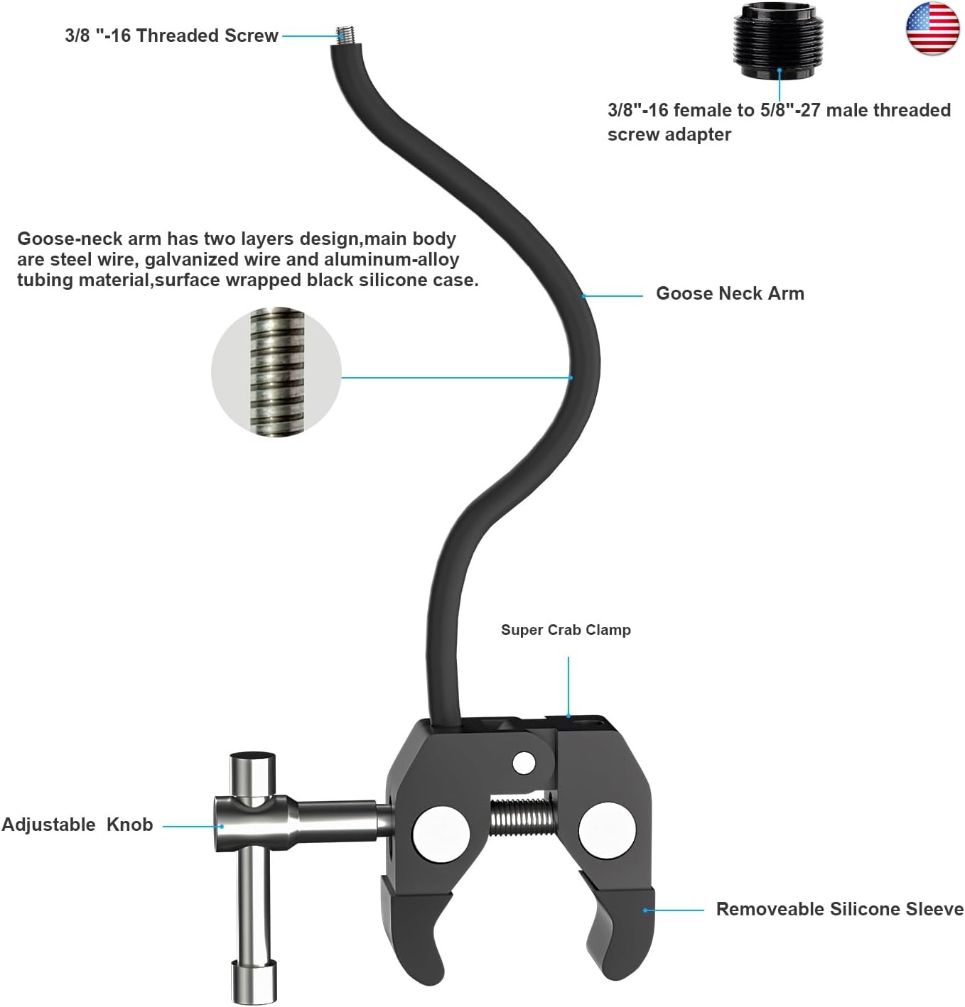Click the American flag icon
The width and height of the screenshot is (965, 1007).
[932, 28]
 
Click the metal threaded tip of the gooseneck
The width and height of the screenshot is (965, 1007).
[347, 35]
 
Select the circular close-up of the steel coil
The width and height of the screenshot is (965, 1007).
[276, 371]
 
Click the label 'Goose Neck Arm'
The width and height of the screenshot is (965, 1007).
[729, 293]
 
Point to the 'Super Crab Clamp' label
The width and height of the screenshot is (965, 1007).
[566, 630]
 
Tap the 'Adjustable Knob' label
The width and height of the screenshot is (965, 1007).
[77, 824]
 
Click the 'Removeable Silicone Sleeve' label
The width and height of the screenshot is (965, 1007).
[839, 909]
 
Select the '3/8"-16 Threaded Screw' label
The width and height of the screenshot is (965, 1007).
[171, 36]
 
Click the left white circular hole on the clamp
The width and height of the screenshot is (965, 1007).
[440, 831]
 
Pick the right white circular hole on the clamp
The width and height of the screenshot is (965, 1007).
[607, 831]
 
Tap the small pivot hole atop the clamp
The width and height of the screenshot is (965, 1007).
[524, 763]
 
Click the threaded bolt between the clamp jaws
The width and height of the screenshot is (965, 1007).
[522, 816]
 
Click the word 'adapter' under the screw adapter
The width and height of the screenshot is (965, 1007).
[700, 134]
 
